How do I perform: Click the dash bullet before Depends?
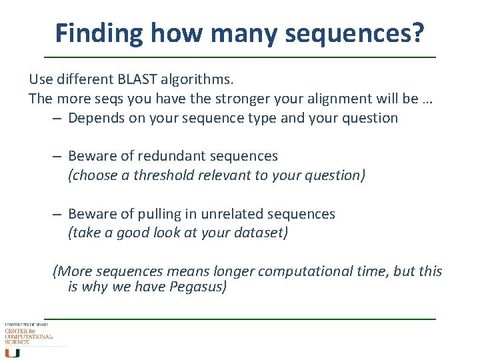(x=58, y=118)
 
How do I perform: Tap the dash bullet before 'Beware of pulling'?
(x=58, y=214)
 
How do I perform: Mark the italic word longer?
(x=233, y=271)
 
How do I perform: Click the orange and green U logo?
(x=13, y=352)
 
